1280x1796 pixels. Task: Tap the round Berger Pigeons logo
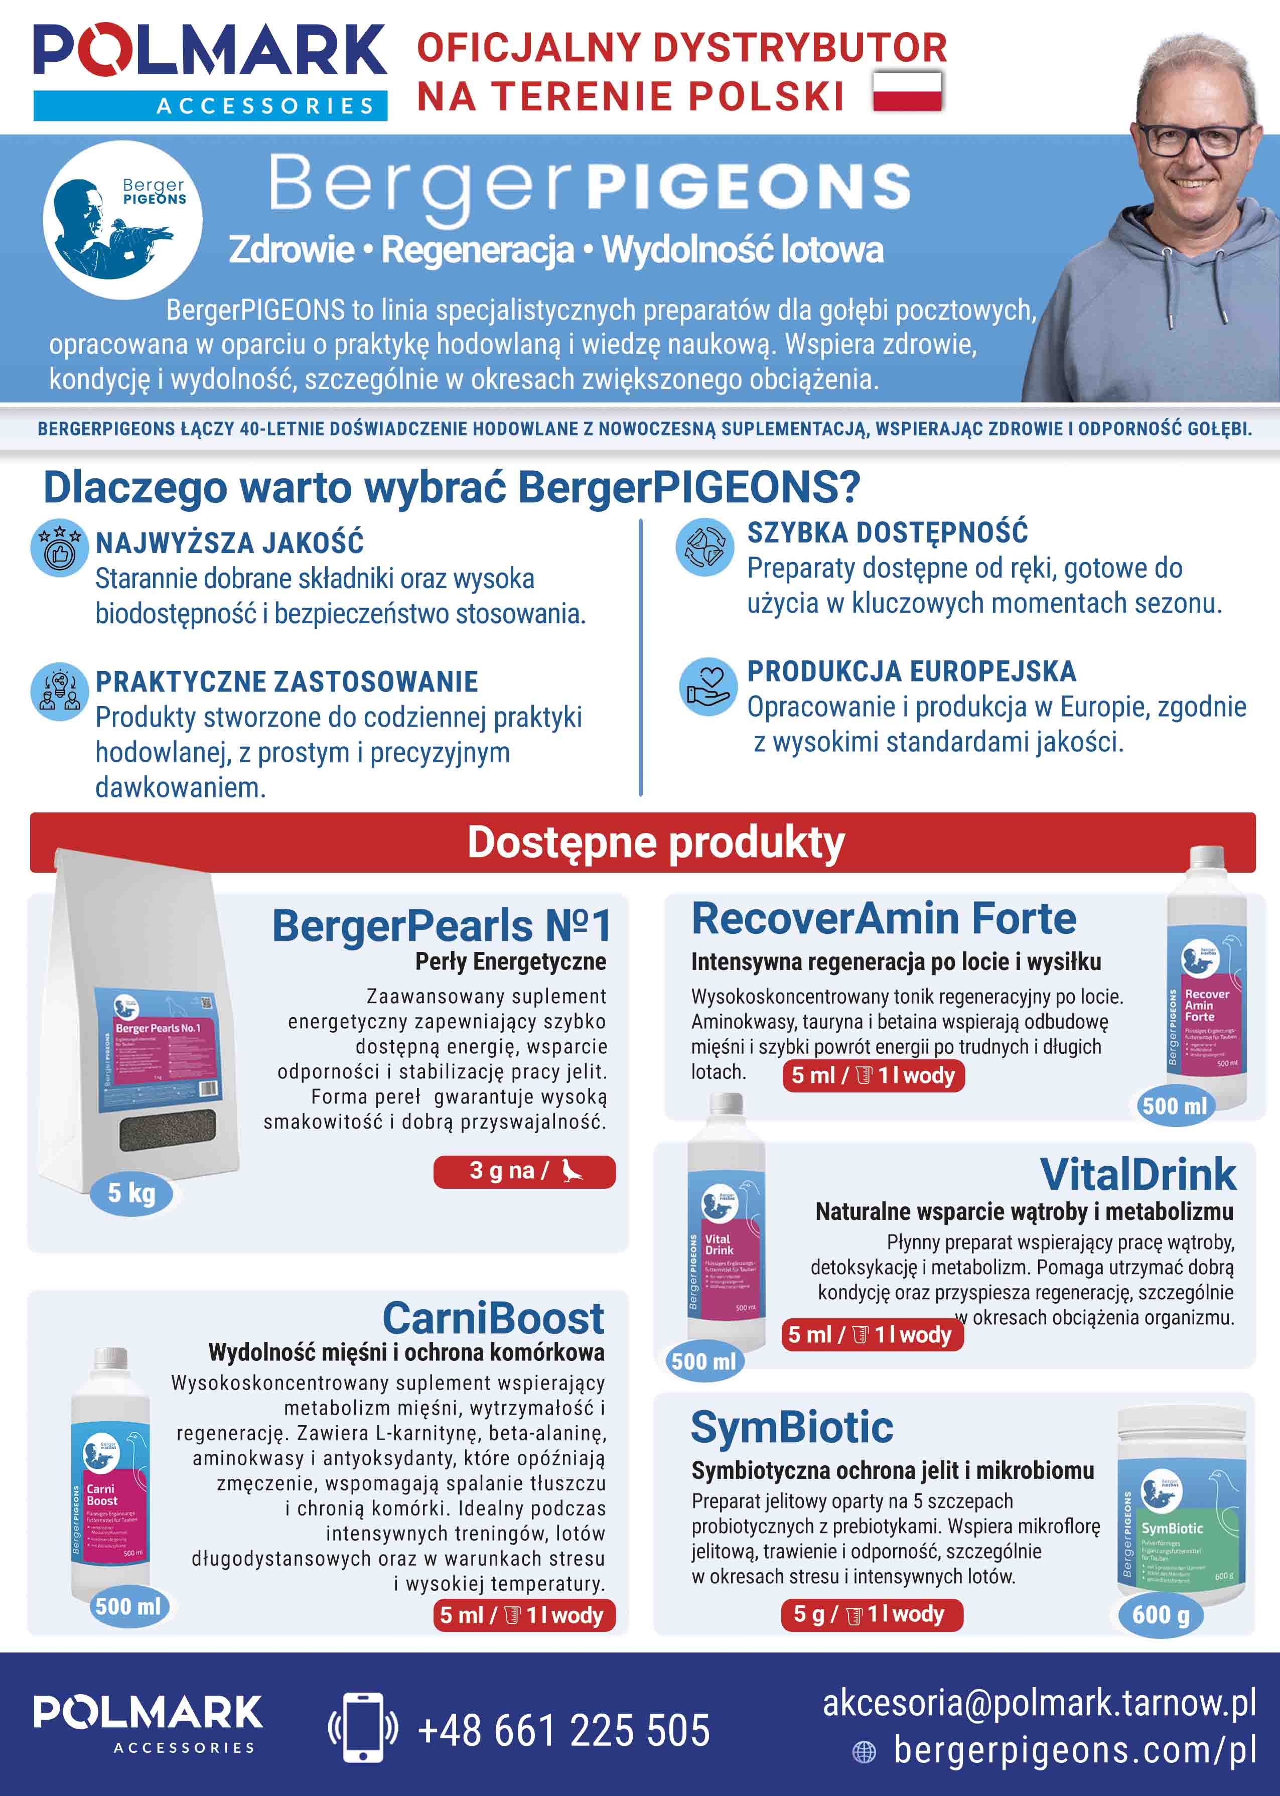tap(122, 220)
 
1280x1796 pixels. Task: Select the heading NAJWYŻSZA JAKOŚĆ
tap(229, 543)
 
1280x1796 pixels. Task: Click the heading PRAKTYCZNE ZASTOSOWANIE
tap(287, 681)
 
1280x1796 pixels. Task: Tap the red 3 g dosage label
tap(524, 1171)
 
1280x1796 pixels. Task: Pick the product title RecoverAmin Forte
tap(884, 919)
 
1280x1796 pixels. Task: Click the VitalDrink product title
tap(1137, 1174)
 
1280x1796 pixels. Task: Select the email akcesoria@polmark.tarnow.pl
tap(1039, 1703)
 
